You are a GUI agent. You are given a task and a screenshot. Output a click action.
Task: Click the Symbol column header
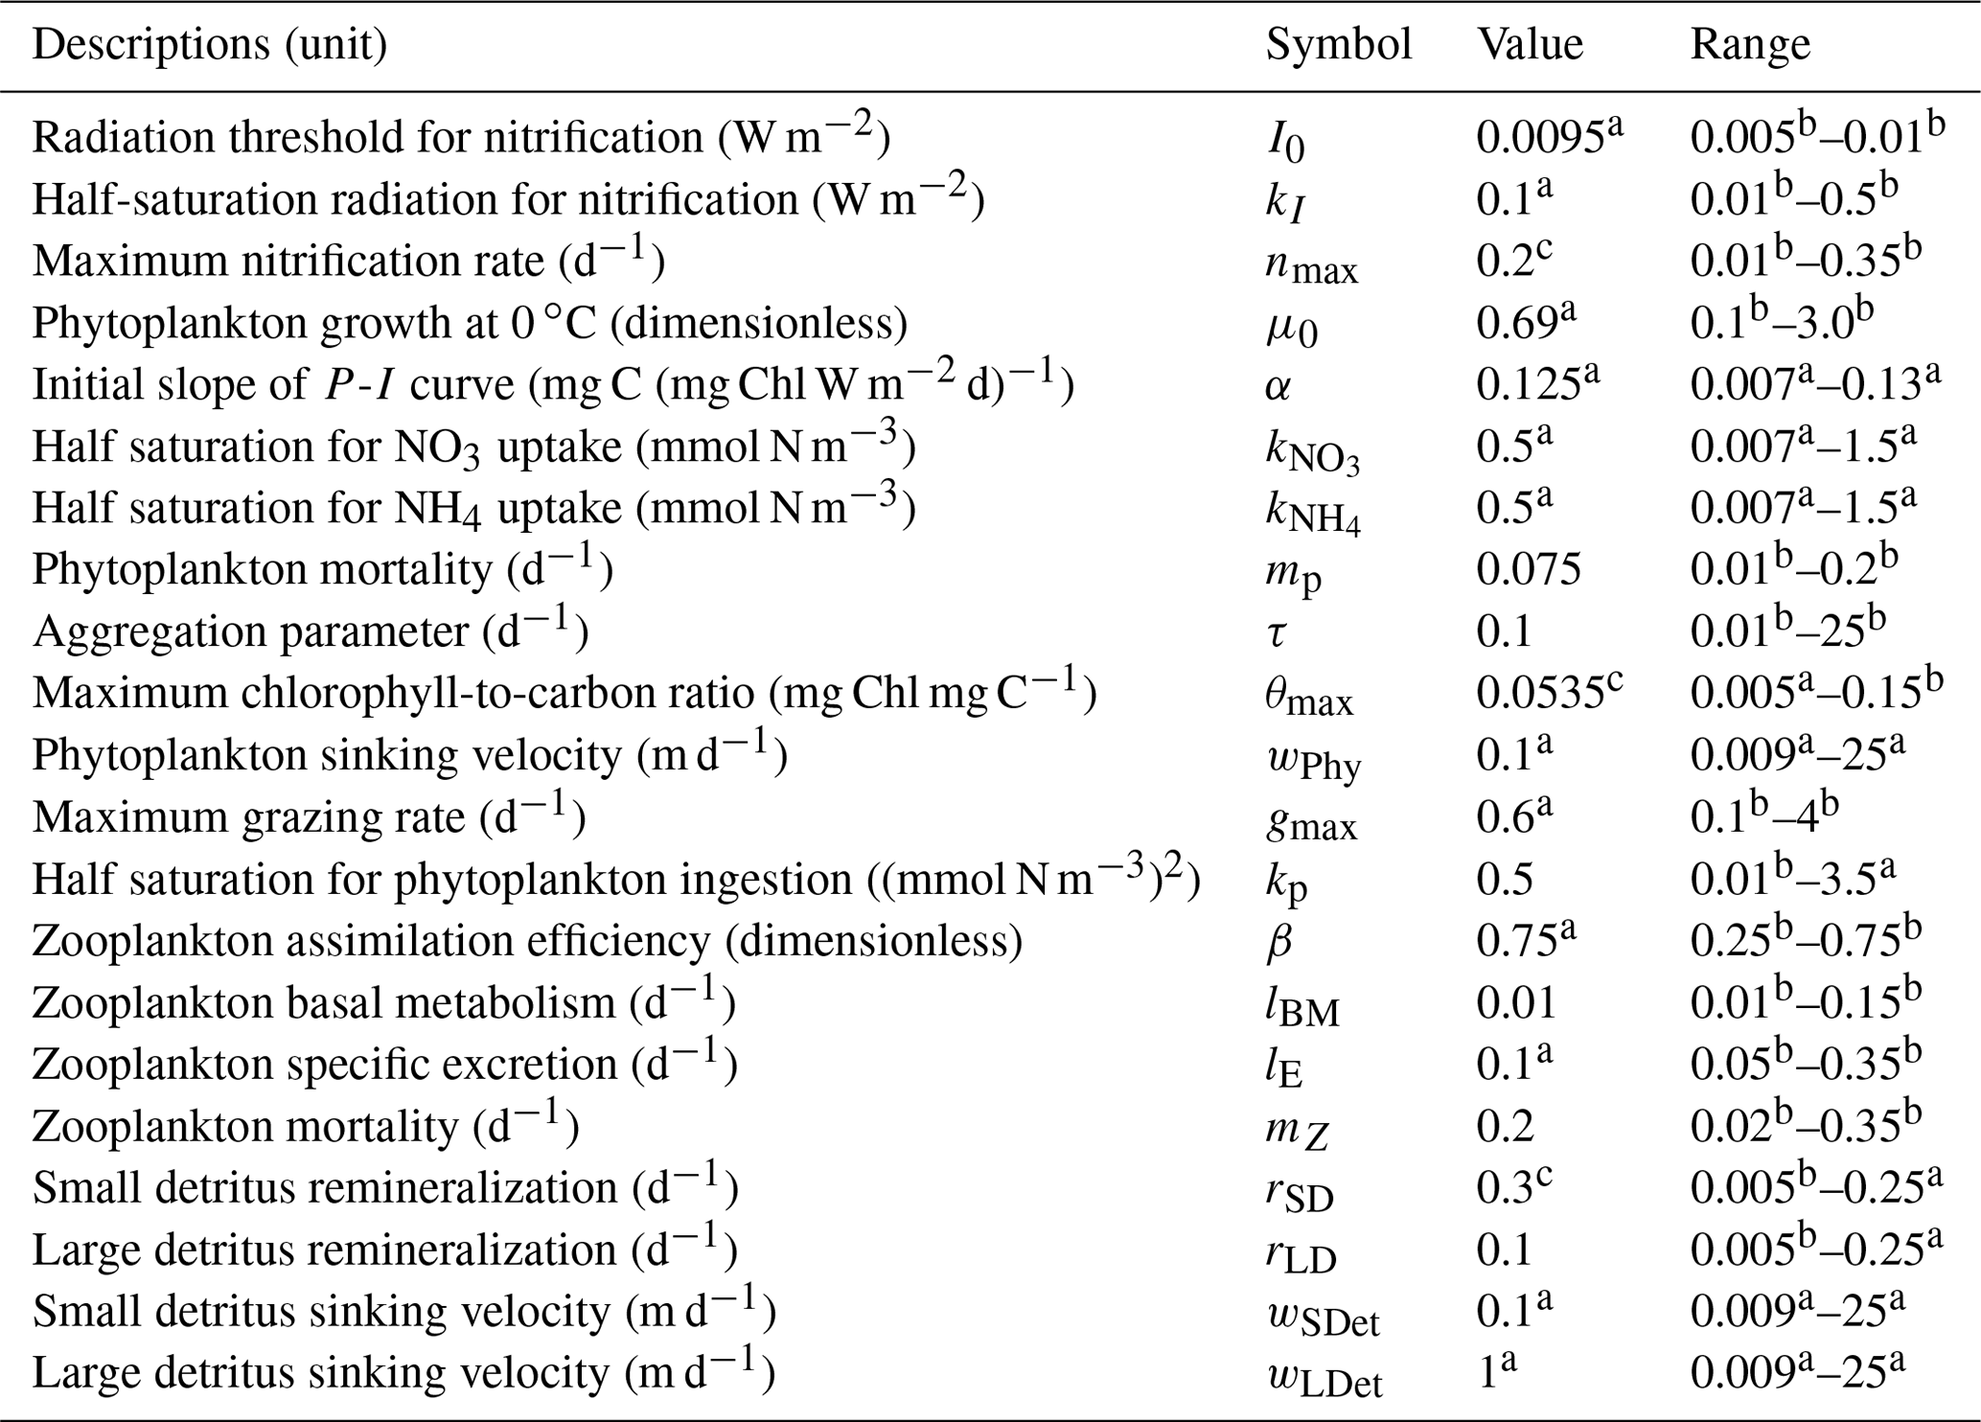1338,45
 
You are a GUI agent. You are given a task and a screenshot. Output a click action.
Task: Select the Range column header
1749,45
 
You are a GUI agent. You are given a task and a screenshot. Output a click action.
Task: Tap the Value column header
1530,45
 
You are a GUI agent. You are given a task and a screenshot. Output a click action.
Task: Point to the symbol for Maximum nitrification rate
1311,263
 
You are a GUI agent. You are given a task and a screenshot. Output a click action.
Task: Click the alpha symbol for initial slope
1278,385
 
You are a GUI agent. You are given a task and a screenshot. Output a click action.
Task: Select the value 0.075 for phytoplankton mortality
1529,570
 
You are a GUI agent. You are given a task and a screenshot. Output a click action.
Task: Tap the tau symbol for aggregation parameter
1277,632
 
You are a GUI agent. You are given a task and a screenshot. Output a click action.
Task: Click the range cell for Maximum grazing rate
1763,817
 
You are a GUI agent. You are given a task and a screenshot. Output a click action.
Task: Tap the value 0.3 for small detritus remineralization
1513,1188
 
